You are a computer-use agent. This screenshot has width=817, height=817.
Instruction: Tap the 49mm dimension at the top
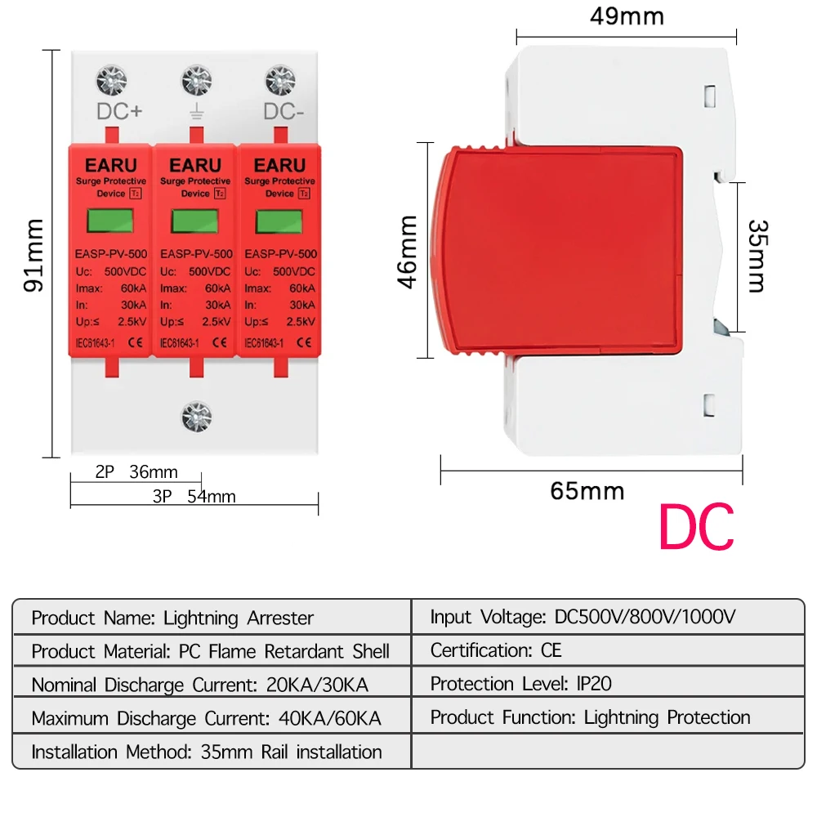pos(627,16)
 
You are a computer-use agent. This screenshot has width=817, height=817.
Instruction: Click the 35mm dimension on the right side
pos(757,255)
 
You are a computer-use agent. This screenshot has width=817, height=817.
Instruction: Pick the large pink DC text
pos(696,529)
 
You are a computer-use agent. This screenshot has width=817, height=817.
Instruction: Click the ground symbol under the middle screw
pos(196,112)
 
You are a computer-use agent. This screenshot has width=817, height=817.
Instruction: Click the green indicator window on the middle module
pos(196,221)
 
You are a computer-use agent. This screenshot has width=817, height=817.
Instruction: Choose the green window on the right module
pos(279,221)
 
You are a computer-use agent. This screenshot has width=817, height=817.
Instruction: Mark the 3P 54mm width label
pos(194,496)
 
